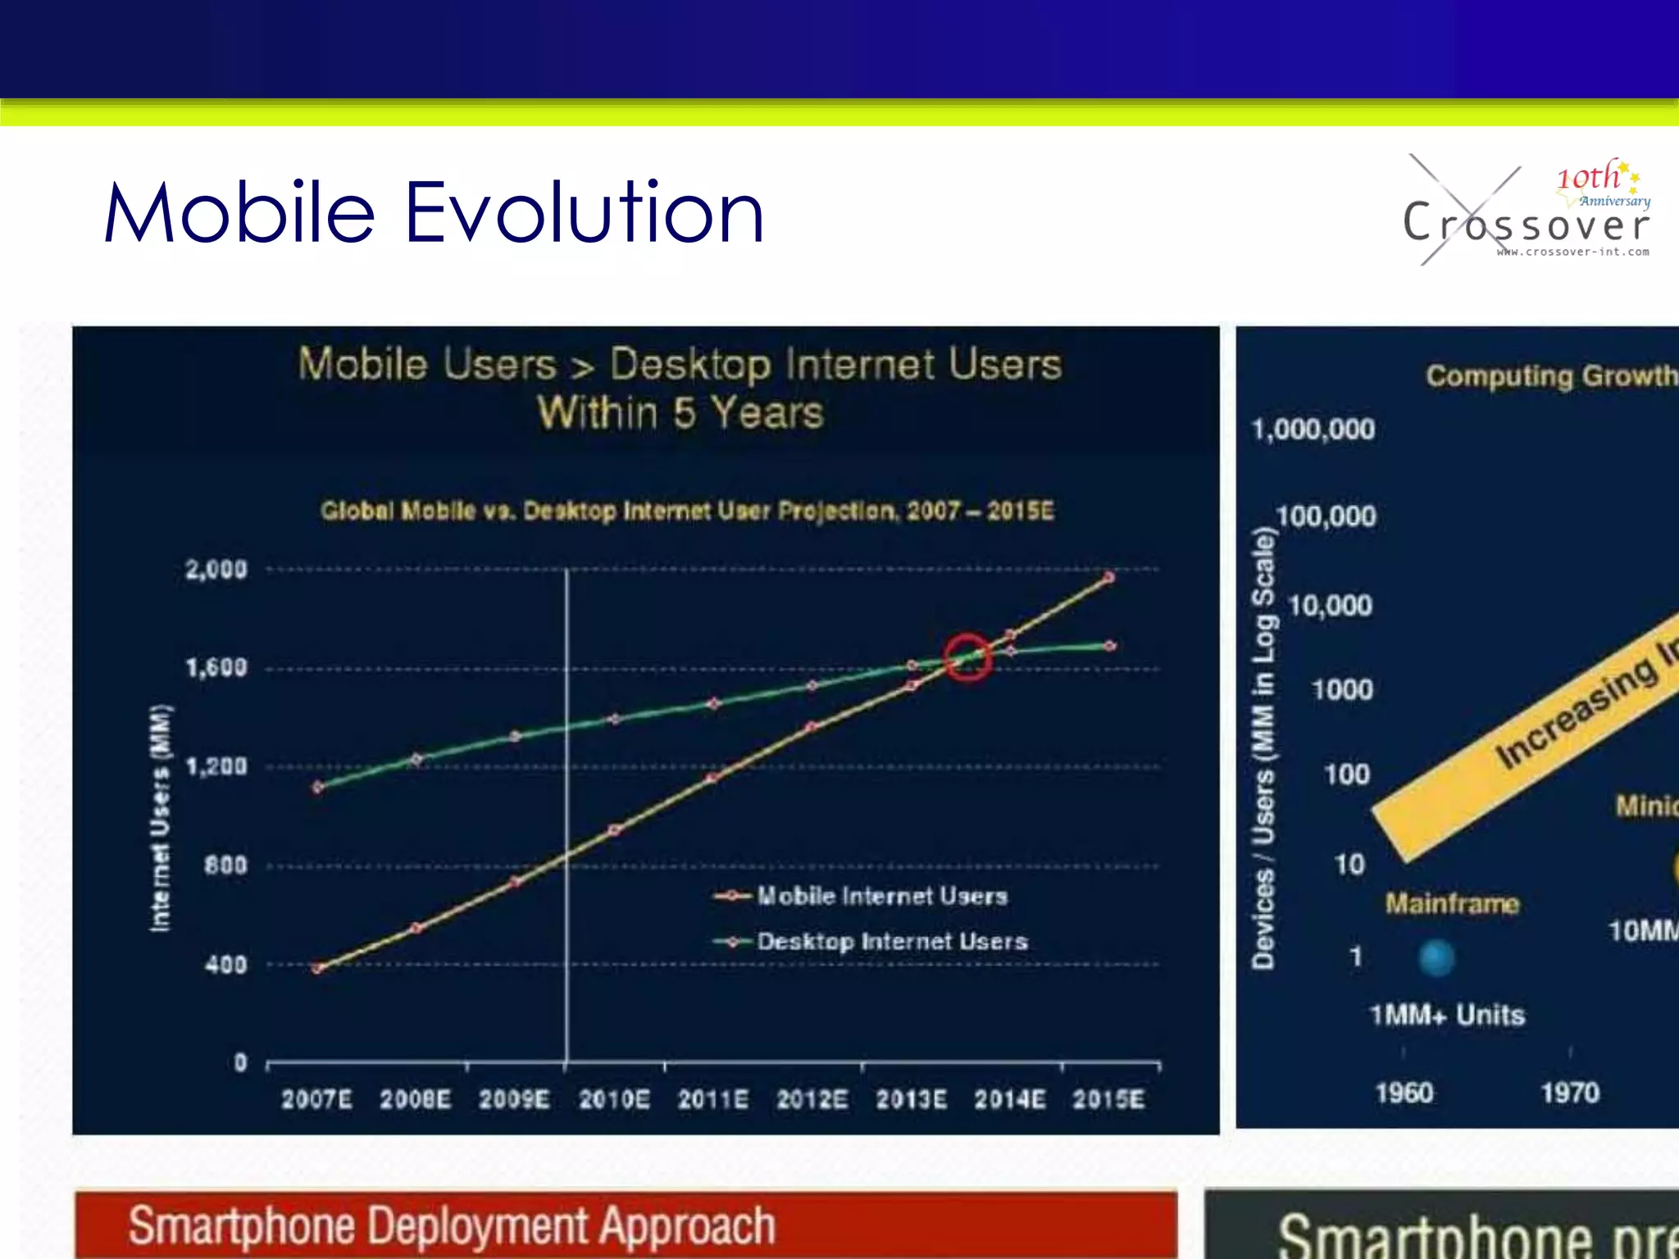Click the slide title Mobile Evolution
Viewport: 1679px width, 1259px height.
pyautogui.click(x=435, y=213)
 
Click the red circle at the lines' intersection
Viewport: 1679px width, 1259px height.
pyautogui.click(x=967, y=657)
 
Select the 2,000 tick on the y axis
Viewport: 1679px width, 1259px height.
pyautogui.click(x=216, y=569)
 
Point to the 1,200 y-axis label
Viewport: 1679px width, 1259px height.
pyautogui.click(x=216, y=766)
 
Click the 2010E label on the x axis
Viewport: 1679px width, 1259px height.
pyautogui.click(x=614, y=1099)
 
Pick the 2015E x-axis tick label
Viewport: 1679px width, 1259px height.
pyautogui.click(x=1108, y=1099)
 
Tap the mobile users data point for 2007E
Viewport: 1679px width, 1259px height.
pyautogui.click(x=318, y=968)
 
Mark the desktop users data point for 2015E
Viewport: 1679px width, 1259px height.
pyautogui.click(x=1109, y=646)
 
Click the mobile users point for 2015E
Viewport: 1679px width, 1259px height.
pyautogui.click(x=1108, y=578)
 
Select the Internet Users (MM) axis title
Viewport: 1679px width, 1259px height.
pyautogui.click(x=161, y=817)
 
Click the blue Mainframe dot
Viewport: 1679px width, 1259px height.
pyautogui.click(x=1436, y=957)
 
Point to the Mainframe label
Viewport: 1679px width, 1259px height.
pyautogui.click(x=1452, y=904)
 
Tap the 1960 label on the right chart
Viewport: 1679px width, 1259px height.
pyautogui.click(x=1404, y=1093)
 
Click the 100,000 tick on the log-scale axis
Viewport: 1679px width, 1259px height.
pyautogui.click(x=1326, y=516)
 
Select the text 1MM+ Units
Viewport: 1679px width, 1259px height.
pyautogui.click(x=1447, y=1016)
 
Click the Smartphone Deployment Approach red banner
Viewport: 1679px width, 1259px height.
pyautogui.click(x=626, y=1225)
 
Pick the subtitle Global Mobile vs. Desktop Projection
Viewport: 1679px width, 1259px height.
pyautogui.click(x=687, y=511)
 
